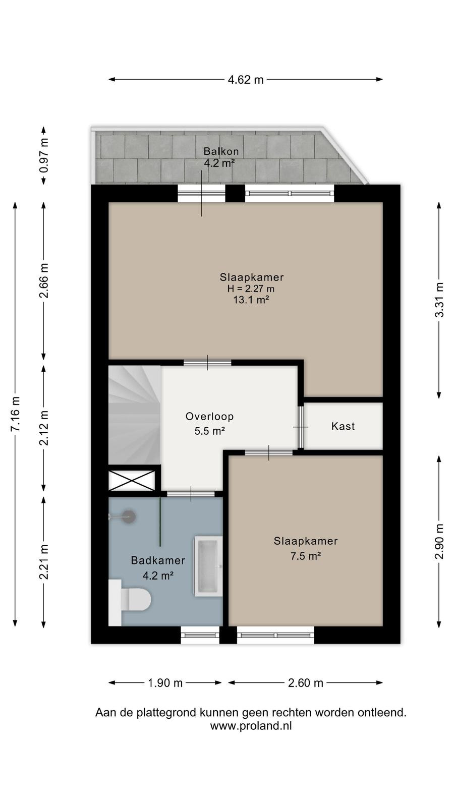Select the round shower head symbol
[128, 517]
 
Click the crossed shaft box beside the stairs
[132, 480]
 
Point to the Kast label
[343, 427]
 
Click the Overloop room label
[210, 417]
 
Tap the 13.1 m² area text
[251, 300]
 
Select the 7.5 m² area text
[306, 556]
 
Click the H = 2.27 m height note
[251, 289]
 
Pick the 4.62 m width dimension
[246, 79]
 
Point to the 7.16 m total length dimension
[15, 414]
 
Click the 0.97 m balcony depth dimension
[43, 156]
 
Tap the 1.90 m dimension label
[165, 683]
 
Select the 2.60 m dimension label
[306, 683]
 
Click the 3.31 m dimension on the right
[439, 300]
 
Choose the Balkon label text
[221, 151]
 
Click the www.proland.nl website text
[251, 726]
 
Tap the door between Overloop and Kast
[301, 427]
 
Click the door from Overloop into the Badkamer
[191, 494]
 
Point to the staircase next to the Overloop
[135, 416]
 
